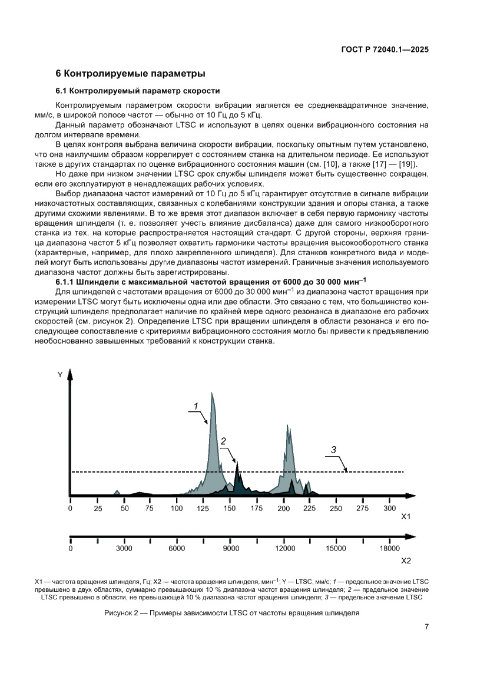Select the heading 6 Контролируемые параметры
point(130,74)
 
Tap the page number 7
point(426,627)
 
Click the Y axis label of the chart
point(60,375)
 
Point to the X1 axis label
point(405,517)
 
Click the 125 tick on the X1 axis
point(203,508)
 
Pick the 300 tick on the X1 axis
point(389,508)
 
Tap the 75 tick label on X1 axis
point(150,508)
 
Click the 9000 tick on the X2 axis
point(231,549)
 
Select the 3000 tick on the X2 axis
point(124,549)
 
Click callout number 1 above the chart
point(196,405)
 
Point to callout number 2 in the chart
point(224,441)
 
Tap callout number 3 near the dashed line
point(333,450)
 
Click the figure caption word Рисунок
point(120,612)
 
